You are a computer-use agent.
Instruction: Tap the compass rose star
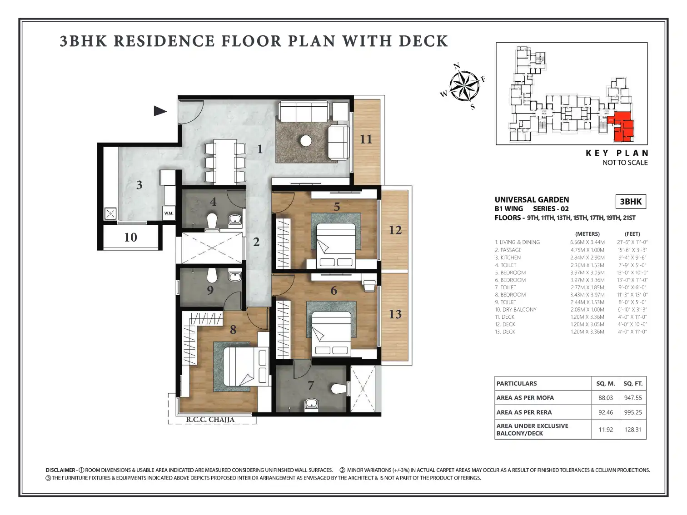click(464, 86)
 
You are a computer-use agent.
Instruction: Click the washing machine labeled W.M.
click(169, 213)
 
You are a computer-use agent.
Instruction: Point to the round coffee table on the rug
click(306, 141)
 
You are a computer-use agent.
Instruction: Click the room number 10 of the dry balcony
click(130, 238)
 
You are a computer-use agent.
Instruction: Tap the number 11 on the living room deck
click(366, 139)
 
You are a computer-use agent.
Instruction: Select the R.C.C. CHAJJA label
click(210, 420)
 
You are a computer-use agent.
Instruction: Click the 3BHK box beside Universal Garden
click(631, 202)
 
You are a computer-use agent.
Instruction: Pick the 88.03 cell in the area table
click(606, 398)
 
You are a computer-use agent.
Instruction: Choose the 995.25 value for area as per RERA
click(633, 412)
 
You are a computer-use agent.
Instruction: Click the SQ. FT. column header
click(633, 383)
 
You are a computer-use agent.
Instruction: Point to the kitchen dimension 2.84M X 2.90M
click(587, 257)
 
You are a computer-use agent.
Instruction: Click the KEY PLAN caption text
click(617, 153)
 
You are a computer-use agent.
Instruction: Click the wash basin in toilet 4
click(235, 219)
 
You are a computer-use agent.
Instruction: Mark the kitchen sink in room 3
click(110, 214)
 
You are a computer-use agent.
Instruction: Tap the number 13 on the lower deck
click(395, 314)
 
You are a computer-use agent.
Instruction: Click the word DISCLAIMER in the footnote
click(60, 470)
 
